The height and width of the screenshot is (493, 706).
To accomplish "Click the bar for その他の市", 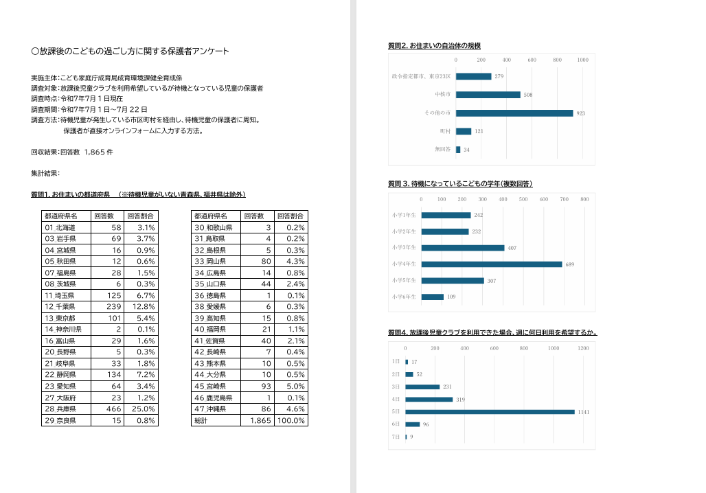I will (514, 113).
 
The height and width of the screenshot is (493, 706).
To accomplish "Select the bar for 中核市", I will (488, 95).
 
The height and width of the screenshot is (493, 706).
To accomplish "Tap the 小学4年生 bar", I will (491, 264).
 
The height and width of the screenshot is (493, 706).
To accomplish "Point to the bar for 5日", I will (490, 412).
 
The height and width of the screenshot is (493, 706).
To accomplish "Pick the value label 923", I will (580, 113).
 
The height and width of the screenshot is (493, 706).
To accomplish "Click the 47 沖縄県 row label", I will (214, 409).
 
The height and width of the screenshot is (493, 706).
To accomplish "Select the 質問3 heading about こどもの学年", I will (460, 184).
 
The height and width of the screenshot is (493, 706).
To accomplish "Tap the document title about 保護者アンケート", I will (130, 51).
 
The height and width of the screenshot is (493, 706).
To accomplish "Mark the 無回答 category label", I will (442, 149).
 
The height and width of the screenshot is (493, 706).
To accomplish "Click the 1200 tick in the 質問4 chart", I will (583, 348).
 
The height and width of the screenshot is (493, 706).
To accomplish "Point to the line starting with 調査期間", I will (89, 109).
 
